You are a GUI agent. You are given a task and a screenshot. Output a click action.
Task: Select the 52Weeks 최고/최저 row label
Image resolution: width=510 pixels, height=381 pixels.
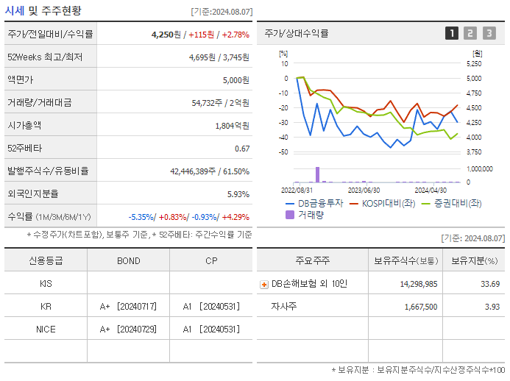tap(45, 57)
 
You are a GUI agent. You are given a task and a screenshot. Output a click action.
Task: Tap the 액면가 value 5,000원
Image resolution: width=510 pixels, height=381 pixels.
tap(235, 80)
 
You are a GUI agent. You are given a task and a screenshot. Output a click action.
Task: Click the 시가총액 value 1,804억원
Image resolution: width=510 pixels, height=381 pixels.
tap(232, 126)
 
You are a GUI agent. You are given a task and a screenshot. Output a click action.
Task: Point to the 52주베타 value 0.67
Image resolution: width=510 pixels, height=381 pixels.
tap(241, 149)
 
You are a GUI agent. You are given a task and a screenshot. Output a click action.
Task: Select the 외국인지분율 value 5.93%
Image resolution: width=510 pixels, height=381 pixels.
tap(237, 194)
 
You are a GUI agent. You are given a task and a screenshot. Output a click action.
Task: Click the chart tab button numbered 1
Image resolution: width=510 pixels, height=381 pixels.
tap(451, 33)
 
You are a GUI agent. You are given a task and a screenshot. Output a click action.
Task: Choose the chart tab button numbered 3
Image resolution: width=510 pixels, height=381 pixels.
tap(489, 33)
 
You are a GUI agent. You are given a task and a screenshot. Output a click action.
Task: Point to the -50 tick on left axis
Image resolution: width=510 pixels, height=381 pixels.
tap(283, 152)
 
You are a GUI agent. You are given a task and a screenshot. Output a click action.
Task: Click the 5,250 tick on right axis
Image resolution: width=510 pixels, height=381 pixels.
tap(475, 64)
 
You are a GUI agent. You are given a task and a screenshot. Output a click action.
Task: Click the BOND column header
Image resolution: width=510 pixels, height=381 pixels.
tap(128, 261)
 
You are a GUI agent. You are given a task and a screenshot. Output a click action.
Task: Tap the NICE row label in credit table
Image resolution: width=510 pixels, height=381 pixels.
tap(46, 329)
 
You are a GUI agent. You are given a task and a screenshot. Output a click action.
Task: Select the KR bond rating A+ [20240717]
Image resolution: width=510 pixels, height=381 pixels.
tap(128, 306)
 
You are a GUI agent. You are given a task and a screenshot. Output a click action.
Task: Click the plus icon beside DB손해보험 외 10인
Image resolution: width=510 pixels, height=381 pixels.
tap(264, 284)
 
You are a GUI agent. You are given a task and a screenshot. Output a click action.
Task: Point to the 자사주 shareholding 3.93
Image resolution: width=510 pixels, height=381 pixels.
tap(490, 307)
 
